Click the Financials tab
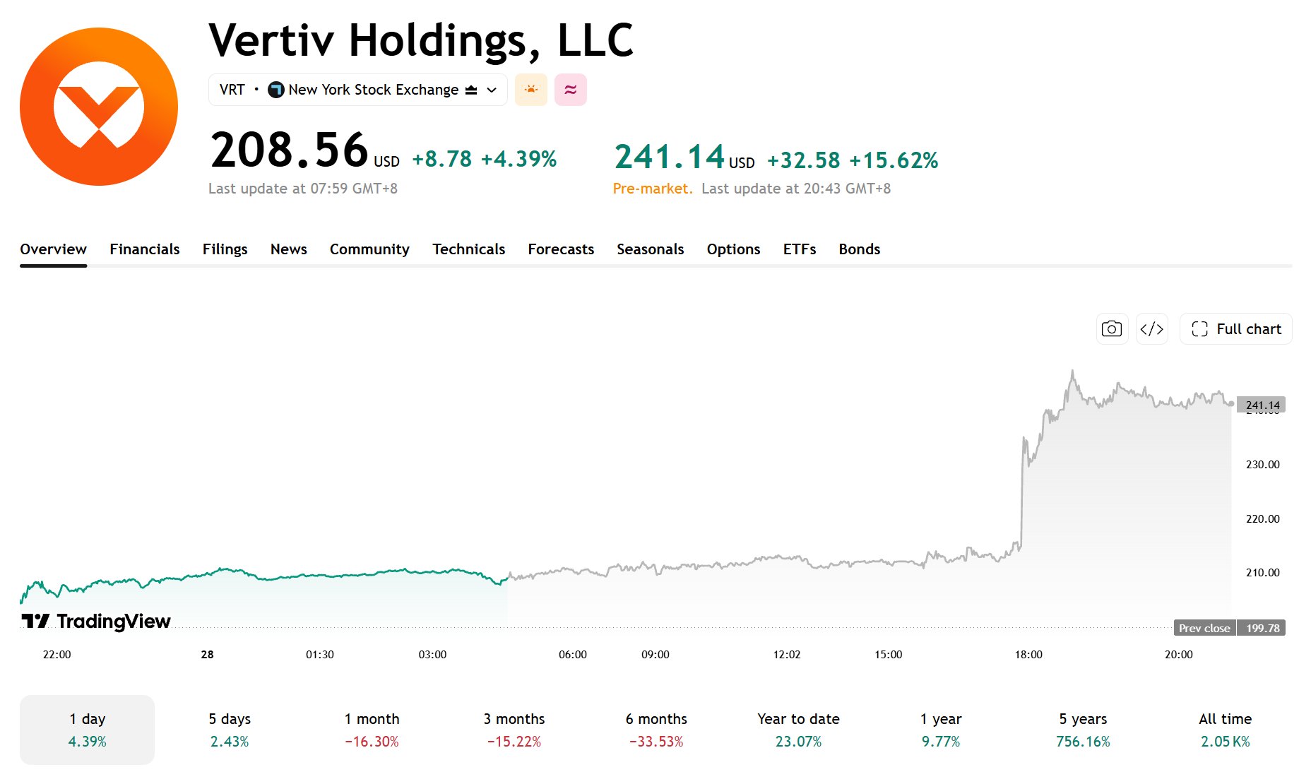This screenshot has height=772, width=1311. (x=144, y=249)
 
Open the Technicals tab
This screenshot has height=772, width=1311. (x=468, y=249)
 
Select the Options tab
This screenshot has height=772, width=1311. (x=733, y=249)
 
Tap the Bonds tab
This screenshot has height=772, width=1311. (x=859, y=249)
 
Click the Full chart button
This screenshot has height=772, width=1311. (x=1235, y=329)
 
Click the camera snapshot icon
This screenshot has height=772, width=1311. (x=1111, y=329)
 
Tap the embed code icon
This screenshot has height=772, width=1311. (x=1151, y=329)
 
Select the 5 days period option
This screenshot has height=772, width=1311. (x=230, y=730)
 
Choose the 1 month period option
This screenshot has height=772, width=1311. (x=372, y=730)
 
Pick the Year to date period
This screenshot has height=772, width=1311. (x=798, y=730)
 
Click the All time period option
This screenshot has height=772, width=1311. (x=1225, y=730)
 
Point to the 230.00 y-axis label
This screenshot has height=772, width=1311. (x=1262, y=465)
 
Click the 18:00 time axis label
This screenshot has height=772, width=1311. (x=1028, y=655)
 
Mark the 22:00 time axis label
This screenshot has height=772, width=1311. (x=57, y=655)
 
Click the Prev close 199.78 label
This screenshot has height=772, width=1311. (x=1229, y=628)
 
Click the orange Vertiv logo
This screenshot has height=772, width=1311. (x=99, y=107)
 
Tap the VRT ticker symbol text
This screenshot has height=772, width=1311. (x=232, y=90)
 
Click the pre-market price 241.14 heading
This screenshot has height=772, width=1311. (x=670, y=157)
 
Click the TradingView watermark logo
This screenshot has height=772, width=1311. (x=96, y=621)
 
